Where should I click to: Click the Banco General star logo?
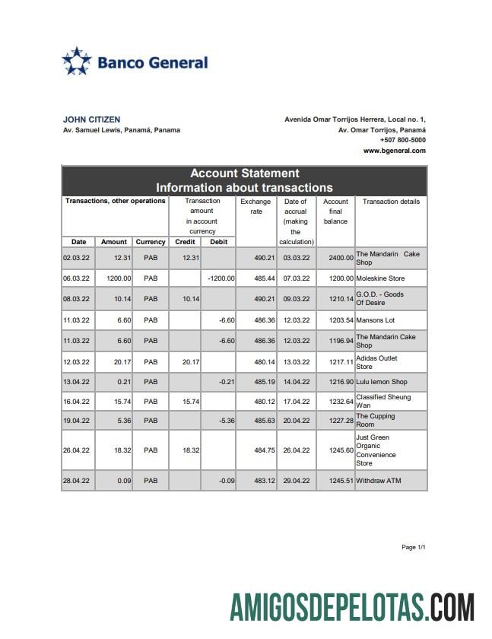tap(76, 62)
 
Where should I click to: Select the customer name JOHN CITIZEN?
tap(91, 119)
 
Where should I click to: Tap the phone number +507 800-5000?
tap(402, 140)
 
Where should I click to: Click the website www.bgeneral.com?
tap(394, 151)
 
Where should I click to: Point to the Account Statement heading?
tap(244, 173)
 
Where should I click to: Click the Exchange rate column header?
tap(256, 206)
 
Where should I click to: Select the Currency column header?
tap(151, 242)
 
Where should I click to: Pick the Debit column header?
tap(218, 242)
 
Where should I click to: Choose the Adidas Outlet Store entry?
tap(387, 362)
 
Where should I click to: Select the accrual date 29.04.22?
tap(296, 481)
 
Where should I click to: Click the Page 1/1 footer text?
tap(414, 548)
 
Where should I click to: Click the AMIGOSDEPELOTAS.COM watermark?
tap(353, 608)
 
